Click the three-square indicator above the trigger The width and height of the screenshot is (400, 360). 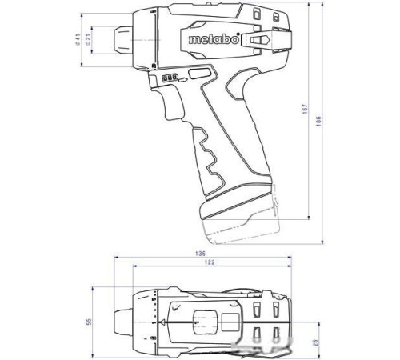point(169,78)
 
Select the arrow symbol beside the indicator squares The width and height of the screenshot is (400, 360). point(183,78)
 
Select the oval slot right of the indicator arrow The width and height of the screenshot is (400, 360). point(201,74)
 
